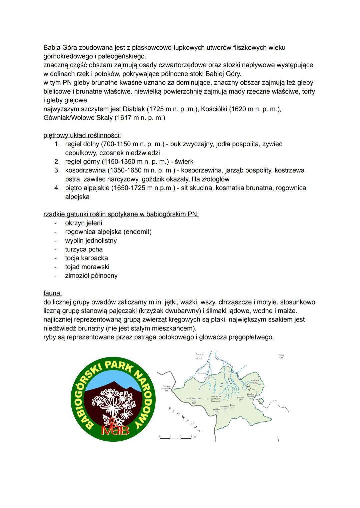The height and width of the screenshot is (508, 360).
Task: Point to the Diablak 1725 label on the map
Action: click(216, 410)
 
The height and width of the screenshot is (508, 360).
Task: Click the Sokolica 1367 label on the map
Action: click(240, 399)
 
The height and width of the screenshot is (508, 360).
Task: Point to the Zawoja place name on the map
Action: click(199, 354)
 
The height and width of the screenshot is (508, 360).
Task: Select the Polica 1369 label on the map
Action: click(281, 356)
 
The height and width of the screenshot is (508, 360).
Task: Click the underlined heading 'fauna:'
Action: click(53, 293)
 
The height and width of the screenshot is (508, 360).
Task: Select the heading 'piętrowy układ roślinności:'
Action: click(82, 135)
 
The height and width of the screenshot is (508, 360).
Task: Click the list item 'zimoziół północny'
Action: click(91, 275)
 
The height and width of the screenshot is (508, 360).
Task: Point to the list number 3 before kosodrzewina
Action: click(57, 170)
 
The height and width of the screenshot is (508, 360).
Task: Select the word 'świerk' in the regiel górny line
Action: click(184, 162)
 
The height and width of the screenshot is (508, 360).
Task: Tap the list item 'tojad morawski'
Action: click(87, 267)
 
